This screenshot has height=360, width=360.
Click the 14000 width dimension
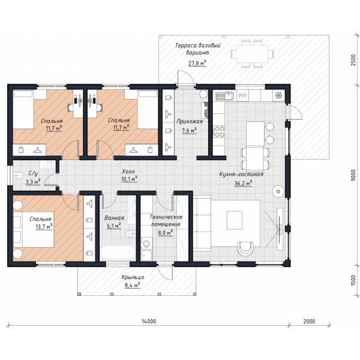point(149,321)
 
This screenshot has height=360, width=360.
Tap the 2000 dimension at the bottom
point(309,321)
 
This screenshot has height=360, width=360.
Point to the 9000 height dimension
point(353,175)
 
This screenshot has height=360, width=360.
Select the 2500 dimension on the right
point(353,60)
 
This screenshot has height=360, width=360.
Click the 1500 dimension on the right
point(353,281)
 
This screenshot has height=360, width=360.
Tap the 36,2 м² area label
point(243,183)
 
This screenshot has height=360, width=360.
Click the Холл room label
point(128,172)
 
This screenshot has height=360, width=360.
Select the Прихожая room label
point(190,121)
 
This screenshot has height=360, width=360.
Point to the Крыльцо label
point(133,277)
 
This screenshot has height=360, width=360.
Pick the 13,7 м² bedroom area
point(44,227)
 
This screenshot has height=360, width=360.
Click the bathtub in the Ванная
point(118,253)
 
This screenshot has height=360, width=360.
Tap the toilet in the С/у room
point(18,176)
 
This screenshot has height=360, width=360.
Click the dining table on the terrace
point(253,54)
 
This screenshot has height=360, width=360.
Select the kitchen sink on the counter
point(224,96)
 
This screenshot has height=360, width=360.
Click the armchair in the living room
point(245,248)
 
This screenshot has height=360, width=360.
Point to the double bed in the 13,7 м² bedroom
point(34,230)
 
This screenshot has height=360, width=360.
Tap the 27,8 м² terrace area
point(197,63)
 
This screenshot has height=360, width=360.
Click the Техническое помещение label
point(166,220)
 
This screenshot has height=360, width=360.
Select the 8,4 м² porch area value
point(133,286)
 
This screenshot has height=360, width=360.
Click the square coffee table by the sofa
point(235,220)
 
